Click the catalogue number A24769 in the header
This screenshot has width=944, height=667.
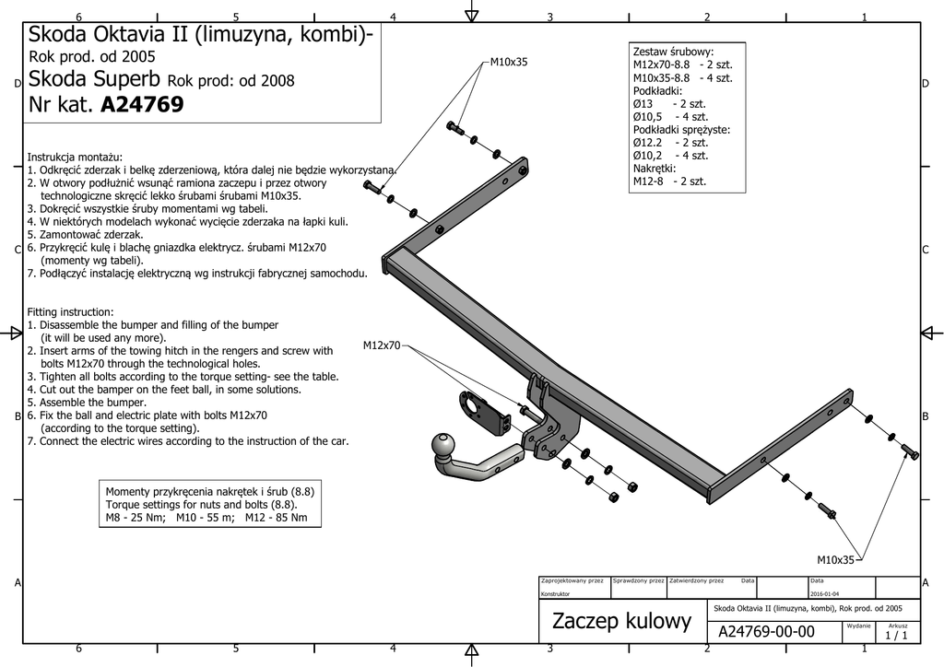coord(142,105)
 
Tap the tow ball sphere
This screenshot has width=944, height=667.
coord(444,447)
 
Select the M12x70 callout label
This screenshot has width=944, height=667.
coord(382,345)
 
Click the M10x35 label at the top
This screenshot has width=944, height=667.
coord(509,62)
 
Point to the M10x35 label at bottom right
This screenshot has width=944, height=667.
coord(835,560)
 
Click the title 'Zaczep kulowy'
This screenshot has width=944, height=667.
coord(622,621)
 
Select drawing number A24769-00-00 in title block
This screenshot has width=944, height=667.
coord(766,631)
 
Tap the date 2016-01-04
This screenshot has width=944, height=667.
coord(825,593)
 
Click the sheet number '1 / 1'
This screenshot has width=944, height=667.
coord(896,635)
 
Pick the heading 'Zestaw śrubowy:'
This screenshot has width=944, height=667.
coord(673,53)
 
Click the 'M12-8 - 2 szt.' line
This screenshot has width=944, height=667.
coord(669,181)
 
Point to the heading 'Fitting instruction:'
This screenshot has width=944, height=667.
coord(70,312)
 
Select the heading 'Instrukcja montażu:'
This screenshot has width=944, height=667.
coord(75,158)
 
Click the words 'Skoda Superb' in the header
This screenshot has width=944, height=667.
coord(95,79)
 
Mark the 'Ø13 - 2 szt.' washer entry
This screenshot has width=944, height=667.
coord(669,103)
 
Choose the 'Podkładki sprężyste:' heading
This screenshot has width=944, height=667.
coord(681,130)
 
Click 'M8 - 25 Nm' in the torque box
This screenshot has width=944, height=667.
coord(135,517)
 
